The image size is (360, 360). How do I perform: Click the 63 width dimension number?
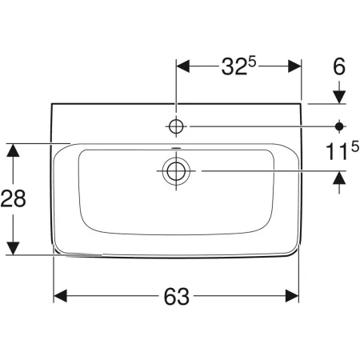coord(176,296)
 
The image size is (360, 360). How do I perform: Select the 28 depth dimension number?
coord(13,198)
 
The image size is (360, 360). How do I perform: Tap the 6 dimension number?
coord(339,66)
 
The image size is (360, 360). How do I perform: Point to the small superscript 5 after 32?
coord(252,62)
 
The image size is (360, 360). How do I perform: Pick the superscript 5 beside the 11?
coord(355,146)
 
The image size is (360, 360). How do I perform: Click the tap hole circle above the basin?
coord(176,126)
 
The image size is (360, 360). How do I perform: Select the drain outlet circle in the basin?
coord(176,170)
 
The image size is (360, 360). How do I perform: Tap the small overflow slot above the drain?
coord(176,148)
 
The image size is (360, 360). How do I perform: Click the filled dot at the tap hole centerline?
coord(339,126)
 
